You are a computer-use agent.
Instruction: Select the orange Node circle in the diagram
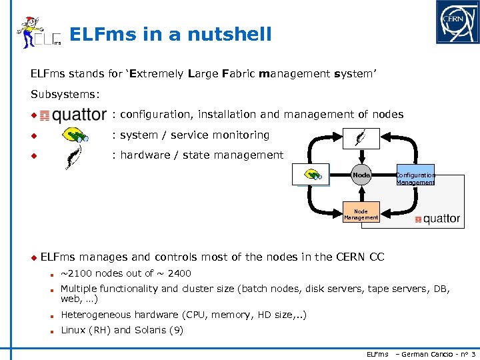click(361, 175)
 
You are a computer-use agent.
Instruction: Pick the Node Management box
click(361, 213)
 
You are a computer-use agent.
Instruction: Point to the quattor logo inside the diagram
click(437, 219)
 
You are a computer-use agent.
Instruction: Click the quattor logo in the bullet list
click(73, 115)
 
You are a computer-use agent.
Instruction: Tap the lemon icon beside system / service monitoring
click(75, 136)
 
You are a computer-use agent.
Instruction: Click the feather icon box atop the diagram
click(361, 137)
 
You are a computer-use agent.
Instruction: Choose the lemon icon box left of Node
click(311, 175)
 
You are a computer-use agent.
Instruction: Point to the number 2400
click(179, 273)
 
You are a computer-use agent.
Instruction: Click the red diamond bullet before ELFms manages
click(33, 257)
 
